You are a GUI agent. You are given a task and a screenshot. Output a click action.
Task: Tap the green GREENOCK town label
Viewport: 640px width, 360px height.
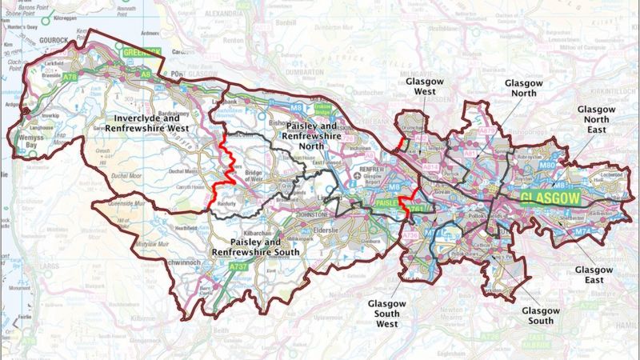click(x=142, y=52)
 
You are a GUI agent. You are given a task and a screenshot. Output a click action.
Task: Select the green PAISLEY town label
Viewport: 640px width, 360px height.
click(x=388, y=205)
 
